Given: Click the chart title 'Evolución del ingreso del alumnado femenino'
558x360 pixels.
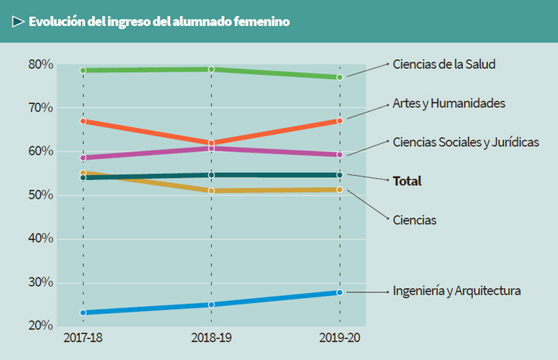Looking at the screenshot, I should (159, 22).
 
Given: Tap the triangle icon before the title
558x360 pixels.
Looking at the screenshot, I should (18, 22).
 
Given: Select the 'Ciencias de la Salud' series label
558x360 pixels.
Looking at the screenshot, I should (444, 64).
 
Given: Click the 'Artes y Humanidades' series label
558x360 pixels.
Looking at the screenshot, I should (449, 103).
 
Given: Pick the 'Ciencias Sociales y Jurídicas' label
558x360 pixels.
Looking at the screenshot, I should (465, 142).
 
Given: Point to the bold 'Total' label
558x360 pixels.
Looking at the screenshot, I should (407, 181).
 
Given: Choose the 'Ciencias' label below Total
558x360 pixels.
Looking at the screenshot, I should (414, 220).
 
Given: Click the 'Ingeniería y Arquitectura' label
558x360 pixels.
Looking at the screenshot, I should (456, 291).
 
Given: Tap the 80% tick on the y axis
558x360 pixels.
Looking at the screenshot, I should (41, 65).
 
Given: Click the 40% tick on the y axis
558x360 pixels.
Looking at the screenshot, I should (41, 239).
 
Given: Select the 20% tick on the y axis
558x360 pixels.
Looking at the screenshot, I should (41, 326).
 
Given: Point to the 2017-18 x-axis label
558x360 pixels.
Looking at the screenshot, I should (83, 338).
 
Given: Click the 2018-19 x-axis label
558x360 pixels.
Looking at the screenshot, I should (211, 338).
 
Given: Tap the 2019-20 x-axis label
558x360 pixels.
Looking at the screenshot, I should (339, 338).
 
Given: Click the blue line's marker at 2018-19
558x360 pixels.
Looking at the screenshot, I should (212, 305).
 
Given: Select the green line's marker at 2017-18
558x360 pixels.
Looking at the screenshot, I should (84, 71).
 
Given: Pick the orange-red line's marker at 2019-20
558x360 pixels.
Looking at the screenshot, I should (340, 121).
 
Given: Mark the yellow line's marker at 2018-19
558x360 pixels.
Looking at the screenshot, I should (212, 191).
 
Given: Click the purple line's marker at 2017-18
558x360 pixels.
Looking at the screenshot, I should (84, 158).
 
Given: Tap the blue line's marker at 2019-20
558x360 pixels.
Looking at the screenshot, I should (340, 292).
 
